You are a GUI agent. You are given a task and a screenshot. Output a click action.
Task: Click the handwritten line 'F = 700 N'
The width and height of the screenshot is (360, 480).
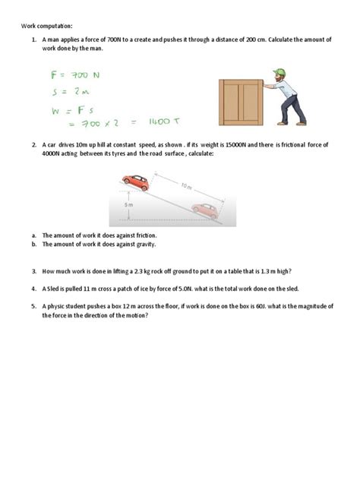pos(68,76)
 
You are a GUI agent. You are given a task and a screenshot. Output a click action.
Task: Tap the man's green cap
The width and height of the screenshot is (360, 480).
pos(279,73)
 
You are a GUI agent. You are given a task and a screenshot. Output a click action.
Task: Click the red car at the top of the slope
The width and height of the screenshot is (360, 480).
pos(135,182)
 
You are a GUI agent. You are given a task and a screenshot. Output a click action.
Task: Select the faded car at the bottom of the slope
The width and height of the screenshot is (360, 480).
pos(205,210)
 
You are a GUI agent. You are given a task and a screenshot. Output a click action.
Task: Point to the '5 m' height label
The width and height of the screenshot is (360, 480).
pos(129,206)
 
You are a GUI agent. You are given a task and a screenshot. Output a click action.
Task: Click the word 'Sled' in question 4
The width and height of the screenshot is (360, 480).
pos(55,289)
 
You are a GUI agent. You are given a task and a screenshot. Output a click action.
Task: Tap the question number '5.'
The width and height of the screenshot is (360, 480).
pos(34,306)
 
